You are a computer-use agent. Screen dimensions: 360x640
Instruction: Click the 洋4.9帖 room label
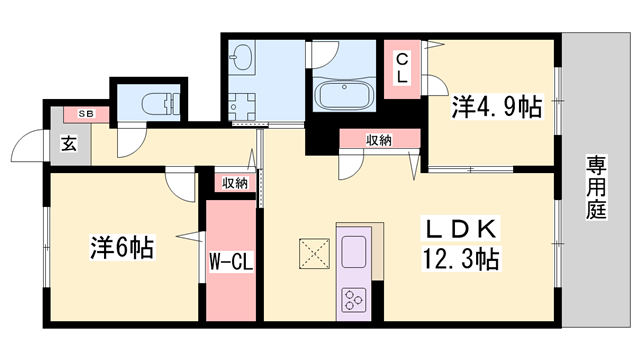pyautogui.click(x=496, y=107)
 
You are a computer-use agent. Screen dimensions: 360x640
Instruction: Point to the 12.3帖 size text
pyautogui.click(x=461, y=259)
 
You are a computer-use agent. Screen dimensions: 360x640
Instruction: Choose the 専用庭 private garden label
pyautogui.click(x=598, y=187)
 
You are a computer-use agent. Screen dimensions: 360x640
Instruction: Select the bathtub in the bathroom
pyautogui.click(x=345, y=95)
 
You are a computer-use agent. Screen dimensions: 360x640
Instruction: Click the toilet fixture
pyautogui.click(x=156, y=103)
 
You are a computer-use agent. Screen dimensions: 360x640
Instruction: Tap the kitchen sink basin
pyautogui.click(x=355, y=249)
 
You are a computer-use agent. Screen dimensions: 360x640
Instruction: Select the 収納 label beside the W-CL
pyautogui.click(x=234, y=182)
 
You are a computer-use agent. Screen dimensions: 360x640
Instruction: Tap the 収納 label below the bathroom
pyautogui.click(x=377, y=140)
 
